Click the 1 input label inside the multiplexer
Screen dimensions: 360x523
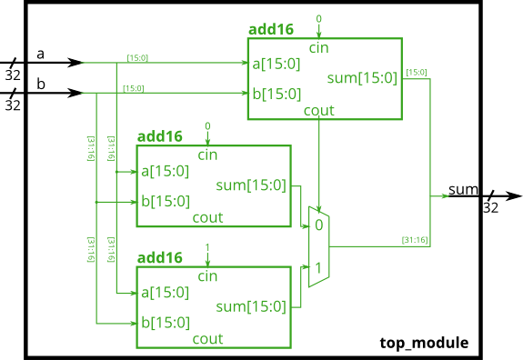pos(318,267)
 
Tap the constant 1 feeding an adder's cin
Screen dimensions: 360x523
pos(207,247)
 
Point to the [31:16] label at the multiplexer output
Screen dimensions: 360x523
pos(415,240)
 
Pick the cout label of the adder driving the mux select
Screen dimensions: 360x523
pos(318,110)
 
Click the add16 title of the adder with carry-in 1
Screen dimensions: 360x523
pos(159,258)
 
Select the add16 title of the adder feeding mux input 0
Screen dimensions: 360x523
pos(159,136)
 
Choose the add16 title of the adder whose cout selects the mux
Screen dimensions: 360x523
pos(271,29)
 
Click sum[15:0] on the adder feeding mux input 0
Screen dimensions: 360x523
pos(251,185)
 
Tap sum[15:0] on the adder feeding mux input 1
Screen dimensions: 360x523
pos(251,307)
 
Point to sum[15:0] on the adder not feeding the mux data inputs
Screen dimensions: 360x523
pos(362,78)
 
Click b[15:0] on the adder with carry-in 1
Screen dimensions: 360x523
pos(165,323)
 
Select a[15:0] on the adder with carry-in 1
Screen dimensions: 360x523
pos(165,292)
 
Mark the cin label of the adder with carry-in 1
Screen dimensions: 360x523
pos(207,275)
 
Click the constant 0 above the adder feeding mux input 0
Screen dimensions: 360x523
pos(207,125)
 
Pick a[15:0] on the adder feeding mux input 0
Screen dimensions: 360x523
pos(165,170)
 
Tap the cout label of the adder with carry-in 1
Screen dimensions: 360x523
pos(207,339)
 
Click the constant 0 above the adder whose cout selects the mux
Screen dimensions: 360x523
pos(318,18)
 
